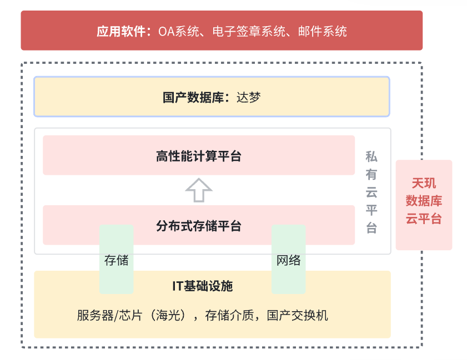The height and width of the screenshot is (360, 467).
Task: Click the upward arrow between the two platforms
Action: [x=199, y=190]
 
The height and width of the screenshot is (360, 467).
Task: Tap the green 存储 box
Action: [x=117, y=260]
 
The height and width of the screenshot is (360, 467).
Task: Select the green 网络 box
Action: [x=289, y=260]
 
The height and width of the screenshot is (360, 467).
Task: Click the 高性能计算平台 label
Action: [x=199, y=156]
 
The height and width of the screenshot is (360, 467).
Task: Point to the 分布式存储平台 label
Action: [x=199, y=226]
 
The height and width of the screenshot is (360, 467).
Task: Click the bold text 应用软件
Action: [x=120, y=31]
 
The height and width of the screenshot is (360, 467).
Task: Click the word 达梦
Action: [x=248, y=98]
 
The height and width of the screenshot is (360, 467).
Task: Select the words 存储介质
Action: [x=230, y=316]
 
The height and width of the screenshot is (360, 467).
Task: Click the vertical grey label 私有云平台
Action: [x=371, y=192]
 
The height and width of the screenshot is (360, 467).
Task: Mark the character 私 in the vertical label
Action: [x=371, y=156]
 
